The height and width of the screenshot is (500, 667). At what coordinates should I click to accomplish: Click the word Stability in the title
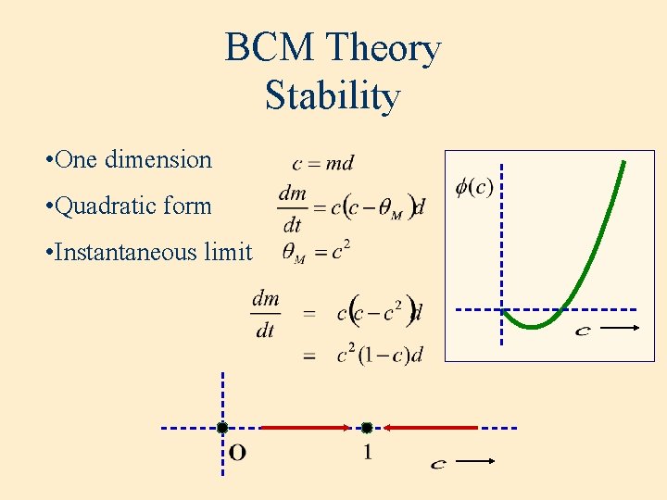(x=333, y=95)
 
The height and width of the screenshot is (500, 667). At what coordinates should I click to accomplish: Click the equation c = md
(x=322, y=164)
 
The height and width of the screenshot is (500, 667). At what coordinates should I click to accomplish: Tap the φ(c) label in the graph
(x=475, y=187)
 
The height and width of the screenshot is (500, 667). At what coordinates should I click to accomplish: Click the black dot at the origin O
(x=222, y=428)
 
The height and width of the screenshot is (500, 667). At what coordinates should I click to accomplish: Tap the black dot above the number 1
(x=367, y=428)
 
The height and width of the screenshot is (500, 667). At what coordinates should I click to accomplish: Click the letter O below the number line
(x=237, y=453)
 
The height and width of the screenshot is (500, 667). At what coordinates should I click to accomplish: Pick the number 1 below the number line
(x=368, y=453)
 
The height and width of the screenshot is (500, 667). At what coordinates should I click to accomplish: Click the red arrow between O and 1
(x=306, y=428)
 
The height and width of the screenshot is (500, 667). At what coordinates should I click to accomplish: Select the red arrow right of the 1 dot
(x=431, y=428)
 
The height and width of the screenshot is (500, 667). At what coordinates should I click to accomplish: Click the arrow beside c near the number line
(x=478, y=460)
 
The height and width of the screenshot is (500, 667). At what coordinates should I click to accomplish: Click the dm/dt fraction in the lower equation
(x=266, y=314)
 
